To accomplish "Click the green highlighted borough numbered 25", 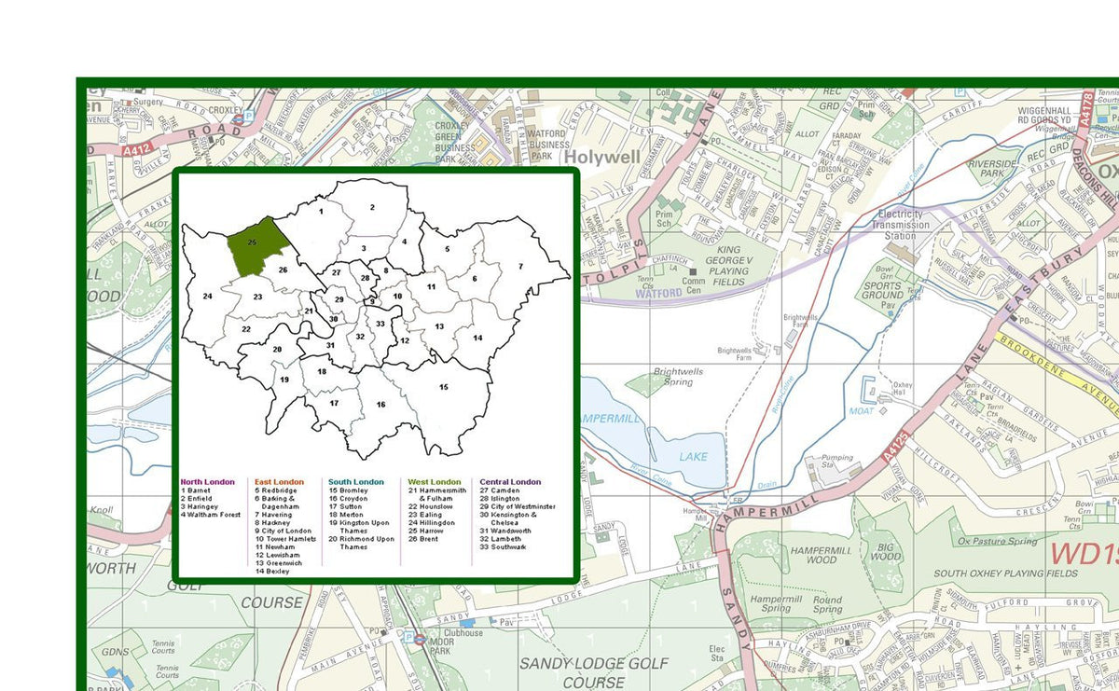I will click(255, 247).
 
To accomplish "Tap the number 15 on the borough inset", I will click(444, 386).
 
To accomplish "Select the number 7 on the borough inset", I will click(520, 267).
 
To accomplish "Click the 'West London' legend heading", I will click(435, 482).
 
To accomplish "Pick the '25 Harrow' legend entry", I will click(426, 531).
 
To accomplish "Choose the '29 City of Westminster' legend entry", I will click(518, 506).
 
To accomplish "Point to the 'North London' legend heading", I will click(208, 482).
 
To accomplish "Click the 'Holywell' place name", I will click(602, 158).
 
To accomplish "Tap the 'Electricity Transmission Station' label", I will click(902, 225).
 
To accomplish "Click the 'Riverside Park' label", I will click(993, 169).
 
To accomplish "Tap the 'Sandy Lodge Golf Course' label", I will click(594, 672).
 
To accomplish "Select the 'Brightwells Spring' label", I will click(678, 378).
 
